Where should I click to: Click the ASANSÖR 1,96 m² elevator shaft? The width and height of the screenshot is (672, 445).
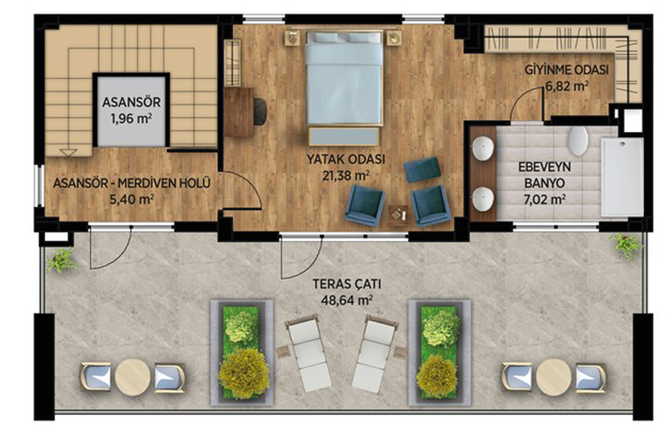(x=131, y=111)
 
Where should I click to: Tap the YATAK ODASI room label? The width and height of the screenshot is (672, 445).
(x=345, y=160)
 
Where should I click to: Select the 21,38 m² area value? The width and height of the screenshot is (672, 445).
(x=345, y=175)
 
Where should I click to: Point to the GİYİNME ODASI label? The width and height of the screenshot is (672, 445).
(x=566, y=71)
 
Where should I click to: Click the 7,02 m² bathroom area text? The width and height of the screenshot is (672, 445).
(x=544, y=199)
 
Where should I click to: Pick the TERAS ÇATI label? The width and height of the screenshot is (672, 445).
(x=347, y=284)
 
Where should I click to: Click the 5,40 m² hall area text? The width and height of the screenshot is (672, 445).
(x=132, y=200)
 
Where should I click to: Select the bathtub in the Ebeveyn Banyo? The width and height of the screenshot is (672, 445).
(x=622, y=177)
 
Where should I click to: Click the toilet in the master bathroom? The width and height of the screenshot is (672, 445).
(x=578, y=140)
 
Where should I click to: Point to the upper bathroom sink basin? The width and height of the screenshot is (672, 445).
(x=484, y=148)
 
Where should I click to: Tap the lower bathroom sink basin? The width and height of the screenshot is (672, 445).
(x=484, y=199)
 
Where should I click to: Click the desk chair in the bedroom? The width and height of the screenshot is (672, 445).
(x=260, y=112)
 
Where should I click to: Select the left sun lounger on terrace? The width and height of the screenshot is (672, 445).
(x=307, y=352)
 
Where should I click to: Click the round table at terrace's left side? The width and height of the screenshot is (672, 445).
(x=133, y=377)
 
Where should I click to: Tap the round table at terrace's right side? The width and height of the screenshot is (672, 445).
(x=554, y=377)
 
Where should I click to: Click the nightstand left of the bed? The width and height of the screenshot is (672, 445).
(x=294, y=38)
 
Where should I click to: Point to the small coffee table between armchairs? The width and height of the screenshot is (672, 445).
(x=398, y=216)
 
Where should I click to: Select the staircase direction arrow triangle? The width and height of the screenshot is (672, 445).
(x=69, y=153)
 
